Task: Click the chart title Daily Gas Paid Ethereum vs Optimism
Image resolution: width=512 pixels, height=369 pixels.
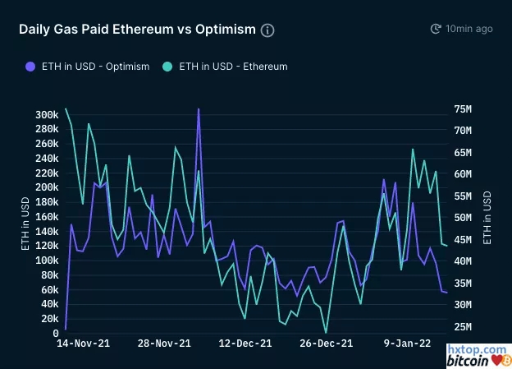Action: coord(137,30)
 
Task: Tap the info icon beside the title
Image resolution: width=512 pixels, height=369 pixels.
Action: coord(267,30)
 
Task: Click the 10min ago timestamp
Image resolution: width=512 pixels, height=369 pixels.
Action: coord(469,29)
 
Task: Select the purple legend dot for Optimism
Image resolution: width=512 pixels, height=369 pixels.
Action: coord(30,66)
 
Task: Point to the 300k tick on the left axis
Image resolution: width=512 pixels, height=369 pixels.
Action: coord(46,114)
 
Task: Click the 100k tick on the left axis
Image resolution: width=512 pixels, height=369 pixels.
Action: coord(46,261)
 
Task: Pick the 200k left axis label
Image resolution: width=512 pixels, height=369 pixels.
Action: coord(46,187)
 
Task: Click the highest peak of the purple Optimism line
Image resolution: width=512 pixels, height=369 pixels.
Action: coord(198,108)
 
